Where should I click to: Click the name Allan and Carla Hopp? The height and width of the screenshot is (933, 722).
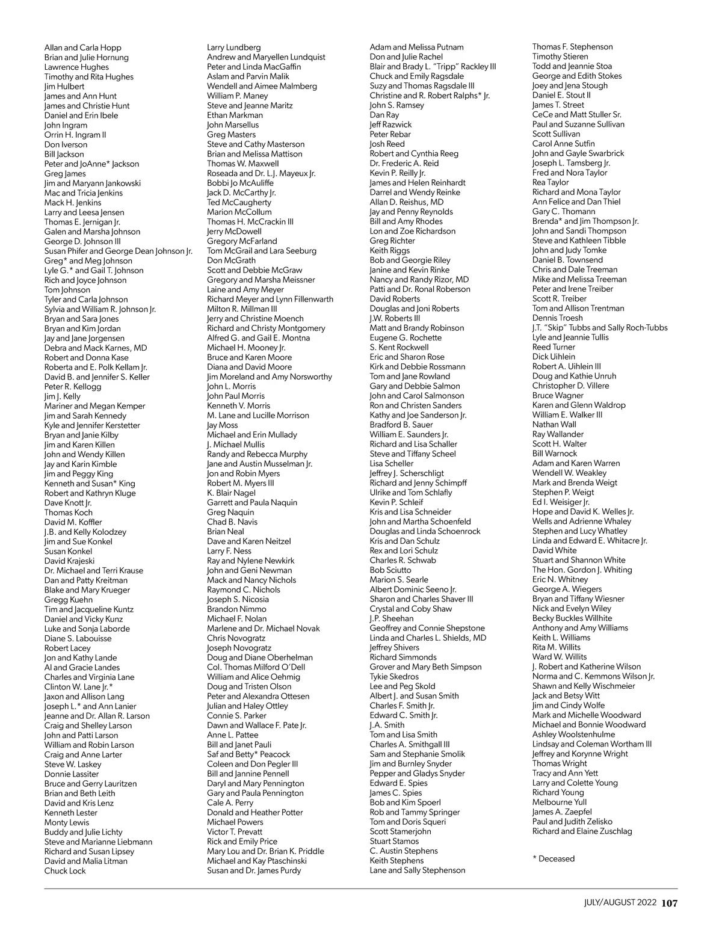pos(82,48)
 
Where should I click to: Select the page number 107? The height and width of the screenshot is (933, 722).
pos(670,902)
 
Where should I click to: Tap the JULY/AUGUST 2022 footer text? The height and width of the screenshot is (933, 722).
pos(620,902)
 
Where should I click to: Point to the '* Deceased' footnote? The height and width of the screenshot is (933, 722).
pos(553,858)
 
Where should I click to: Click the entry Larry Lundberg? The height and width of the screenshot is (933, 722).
pos(233,48)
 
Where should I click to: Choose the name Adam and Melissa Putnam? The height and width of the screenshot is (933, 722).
pos(416,47)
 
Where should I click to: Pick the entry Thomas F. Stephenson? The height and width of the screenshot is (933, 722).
pos(572,47)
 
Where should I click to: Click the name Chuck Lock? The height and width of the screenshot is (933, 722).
pos(65,870)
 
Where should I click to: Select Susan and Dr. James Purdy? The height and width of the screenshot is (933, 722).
pos(254,870)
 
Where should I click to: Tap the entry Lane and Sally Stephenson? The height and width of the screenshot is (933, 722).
pos(417,870)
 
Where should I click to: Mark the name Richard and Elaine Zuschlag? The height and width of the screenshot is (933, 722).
pos(582,831)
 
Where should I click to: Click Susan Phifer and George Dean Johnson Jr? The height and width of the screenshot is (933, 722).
pos(118,251)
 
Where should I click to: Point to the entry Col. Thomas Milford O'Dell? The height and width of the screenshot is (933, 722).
pos(256,667)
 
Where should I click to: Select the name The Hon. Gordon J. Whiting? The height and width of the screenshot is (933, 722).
pos(582,570)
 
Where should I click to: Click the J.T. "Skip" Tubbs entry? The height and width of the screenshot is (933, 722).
pos(599,328)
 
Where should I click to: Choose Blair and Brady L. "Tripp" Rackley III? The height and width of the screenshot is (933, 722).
pos(433,66)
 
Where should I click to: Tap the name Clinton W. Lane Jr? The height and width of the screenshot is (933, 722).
pos(78,686)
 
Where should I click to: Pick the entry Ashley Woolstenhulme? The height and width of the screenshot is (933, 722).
pos(573,734)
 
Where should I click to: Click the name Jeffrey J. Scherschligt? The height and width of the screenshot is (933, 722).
pos(407,473)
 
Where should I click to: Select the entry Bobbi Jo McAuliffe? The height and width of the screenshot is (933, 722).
pos(240,183)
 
